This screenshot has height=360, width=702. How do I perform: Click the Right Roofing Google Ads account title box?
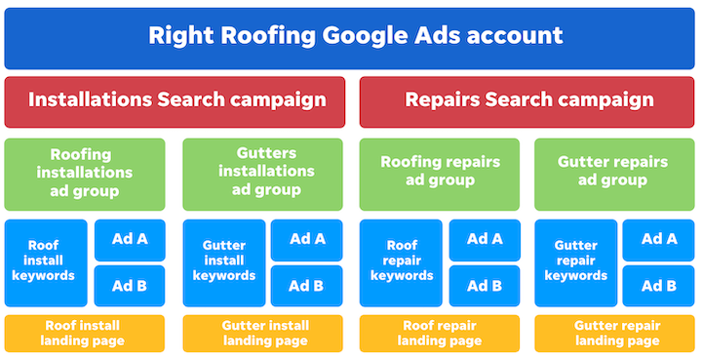click(351, 37)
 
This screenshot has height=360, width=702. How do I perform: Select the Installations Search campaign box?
click(175, 101)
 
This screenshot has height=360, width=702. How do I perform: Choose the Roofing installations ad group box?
click(87, 174)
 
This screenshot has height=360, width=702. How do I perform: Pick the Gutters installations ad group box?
click(262, 174)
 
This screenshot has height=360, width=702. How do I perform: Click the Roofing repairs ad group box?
click(440, 174)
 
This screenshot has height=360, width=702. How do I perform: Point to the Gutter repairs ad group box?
click(615, 174)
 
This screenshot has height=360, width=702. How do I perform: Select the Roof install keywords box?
click(46, 261)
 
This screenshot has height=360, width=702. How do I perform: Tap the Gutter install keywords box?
click(222, 261)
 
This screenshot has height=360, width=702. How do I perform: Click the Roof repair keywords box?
click(400, 261)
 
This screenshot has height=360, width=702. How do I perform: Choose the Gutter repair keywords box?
click(575, 261)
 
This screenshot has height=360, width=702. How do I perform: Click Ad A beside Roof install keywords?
click(130, 240)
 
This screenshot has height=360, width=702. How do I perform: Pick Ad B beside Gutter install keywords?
click(306, 286)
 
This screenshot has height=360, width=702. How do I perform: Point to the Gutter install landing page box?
click(262, 333)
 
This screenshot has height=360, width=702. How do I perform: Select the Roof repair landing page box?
click(440, 333)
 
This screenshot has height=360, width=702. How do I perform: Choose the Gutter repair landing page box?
click(615, 333)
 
